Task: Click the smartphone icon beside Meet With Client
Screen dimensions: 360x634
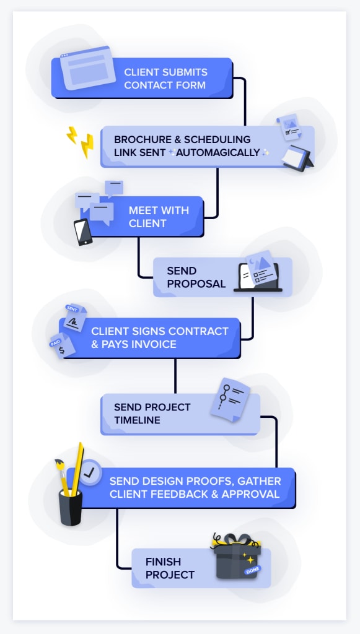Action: [83, 232]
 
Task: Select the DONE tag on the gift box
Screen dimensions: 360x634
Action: [252, 570]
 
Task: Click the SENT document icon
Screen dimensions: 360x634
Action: [75, 317]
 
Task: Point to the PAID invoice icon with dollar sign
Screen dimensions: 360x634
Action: [63, 345]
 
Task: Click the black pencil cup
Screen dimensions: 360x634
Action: [71, 508]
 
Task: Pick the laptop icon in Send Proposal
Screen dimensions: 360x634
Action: [258, 277]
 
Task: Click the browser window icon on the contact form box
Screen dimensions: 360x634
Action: [88, 67]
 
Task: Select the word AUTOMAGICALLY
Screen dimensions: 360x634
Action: [218, 152]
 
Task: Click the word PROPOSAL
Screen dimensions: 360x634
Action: [196, 284]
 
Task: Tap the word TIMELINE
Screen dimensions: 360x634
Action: [137, 420]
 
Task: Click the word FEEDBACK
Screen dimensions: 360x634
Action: [184, 493]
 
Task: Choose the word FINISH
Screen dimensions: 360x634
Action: [163, 562]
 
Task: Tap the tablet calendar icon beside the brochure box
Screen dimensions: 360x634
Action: [297, 158]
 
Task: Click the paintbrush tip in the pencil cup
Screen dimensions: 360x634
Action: [59, 463]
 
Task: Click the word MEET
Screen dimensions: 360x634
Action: [144, 211]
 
